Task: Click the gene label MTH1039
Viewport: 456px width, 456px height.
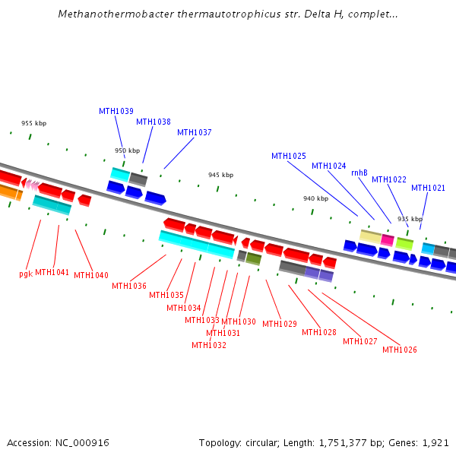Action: click(x=116, y=111)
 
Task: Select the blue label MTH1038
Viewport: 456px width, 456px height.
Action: click(x=153, y=122)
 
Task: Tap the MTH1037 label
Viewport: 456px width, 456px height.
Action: click(x=194, y=132)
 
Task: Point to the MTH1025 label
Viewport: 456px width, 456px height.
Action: click(x=288, y=156)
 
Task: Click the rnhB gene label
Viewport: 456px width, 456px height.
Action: click(x=359, y=173)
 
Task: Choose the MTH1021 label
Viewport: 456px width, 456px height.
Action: click(x=428, y=188)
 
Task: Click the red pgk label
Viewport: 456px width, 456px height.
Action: click(x=25, y=274)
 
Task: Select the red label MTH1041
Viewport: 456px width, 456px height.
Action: click(x=52, y=272)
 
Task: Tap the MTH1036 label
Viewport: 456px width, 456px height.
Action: click(x=128, y=286)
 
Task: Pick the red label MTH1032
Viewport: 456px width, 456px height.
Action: click(x=208, y=345)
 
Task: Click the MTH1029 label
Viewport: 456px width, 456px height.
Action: click(x=279, y=324)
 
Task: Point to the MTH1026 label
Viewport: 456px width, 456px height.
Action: click(x=399, y=350)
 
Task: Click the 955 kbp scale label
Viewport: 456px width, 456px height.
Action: click(x=33, y=123)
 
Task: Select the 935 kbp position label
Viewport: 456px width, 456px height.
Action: click(x=410, y=219)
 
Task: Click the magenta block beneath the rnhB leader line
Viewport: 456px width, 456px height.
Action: click(x=387, y=239)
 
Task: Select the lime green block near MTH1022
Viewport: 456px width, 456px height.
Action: click(x=404, y=244)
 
